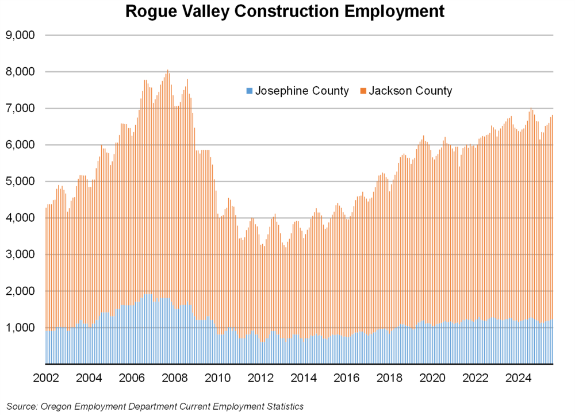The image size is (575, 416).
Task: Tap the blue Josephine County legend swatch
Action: (x=249, y=91)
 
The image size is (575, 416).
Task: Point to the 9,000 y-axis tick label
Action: (x=20, y=35)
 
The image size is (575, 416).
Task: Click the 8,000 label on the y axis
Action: (x=20, y=72)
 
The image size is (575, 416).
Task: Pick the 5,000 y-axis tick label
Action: (x=20, y=182)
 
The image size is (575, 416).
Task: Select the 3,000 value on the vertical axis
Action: (x=20, y=255)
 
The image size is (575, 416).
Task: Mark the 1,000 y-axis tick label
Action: (x=20, y=328)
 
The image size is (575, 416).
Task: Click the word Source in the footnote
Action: (x=21, y=406)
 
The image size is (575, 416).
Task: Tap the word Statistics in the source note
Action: (x=282, y=406)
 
